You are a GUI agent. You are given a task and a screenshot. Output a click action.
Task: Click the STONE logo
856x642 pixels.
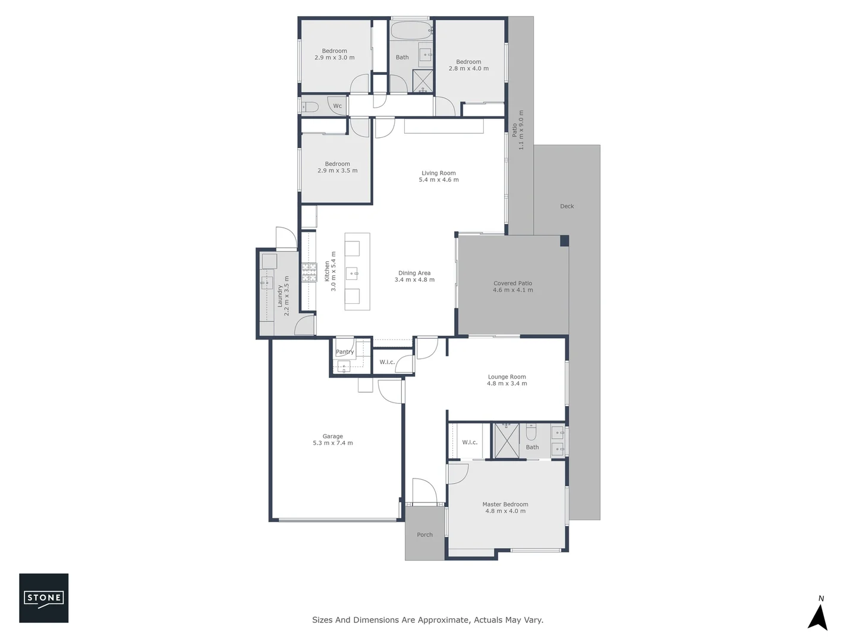click(43, 598)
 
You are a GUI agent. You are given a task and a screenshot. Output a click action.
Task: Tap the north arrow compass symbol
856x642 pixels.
click(818, 616)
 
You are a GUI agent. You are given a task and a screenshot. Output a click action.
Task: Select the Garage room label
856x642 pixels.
click(333, 436)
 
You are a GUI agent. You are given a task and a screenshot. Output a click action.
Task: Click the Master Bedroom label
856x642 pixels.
click(505, 504)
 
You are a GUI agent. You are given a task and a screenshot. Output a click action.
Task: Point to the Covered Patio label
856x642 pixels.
click(512, 284)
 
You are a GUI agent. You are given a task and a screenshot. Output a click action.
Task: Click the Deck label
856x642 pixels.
click(567, 206)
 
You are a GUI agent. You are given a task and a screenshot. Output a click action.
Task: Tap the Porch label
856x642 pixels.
click(424, 535)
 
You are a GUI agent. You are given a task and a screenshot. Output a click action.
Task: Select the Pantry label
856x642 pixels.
click(345, 352)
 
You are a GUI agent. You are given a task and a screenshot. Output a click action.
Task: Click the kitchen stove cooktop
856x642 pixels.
click(309, 272)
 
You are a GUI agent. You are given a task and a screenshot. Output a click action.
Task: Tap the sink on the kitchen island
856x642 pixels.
click(353, 273)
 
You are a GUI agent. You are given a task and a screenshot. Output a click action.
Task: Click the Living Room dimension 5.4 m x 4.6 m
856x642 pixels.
click(439, 180)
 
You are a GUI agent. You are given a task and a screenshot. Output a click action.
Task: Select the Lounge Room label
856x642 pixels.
click(506, 377)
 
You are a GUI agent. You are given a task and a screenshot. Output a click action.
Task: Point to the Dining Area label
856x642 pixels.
click(414, 273)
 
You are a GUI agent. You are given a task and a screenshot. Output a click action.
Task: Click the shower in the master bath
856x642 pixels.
click(507, 441)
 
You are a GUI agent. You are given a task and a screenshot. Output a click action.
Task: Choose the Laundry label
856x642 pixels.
click(279, 296)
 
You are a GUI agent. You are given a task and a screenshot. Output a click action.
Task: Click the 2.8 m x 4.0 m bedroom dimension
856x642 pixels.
click(468, 68)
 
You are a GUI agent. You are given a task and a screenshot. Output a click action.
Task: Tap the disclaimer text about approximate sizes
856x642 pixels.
click(427, 620)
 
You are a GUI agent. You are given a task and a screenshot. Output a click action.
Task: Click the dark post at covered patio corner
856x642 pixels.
click(564, 241)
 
